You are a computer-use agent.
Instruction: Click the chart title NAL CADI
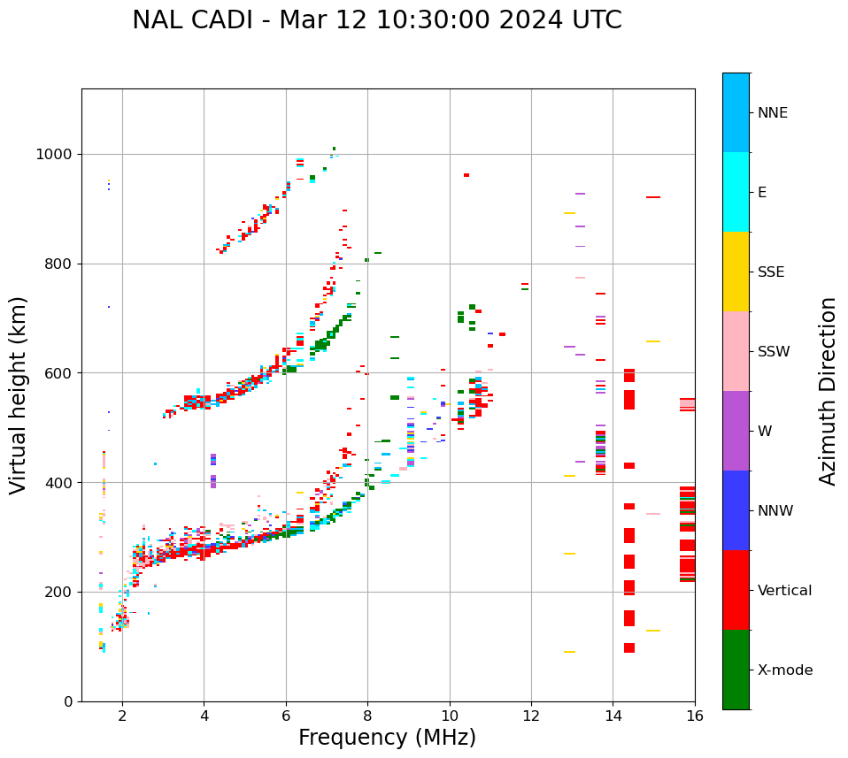pyautogui.click(x=377, y=20)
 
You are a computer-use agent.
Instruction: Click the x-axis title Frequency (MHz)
pyautogui.click(x=387, y=738)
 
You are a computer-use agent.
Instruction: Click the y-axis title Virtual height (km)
pyautogui.click(x=19, y=394)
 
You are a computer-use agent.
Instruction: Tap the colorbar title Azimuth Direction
pyautogui.click(x=828, y=391)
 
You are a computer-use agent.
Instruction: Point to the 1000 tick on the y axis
pyautogui.click(x=58, y=155)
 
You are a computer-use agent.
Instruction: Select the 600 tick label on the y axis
pyautogui.click(x=58, y=373)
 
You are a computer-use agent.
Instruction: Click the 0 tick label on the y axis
pyautogui.click(x=68, y=701)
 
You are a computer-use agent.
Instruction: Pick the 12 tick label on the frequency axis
pyautogui.click(x=531, y=716)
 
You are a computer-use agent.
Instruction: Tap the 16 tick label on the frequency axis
pyautogui.click(x=695, y=716)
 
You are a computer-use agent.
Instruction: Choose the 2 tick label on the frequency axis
pyautogui.click(x=122, y=716)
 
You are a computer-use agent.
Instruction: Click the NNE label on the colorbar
pyautogui.click(x=772, y=113)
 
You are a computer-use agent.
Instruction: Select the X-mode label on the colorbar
pyautogui.click(x=785, y=670)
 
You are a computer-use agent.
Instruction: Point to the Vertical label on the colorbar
pyautogui.click(x=784, y=591)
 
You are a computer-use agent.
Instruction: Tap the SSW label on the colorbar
pyautogui.click(x=774, y=352)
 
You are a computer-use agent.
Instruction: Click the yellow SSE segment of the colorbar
pyautogui.click(x=736, y=272)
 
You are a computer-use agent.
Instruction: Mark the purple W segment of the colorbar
pyautogui.click(x=736, y=431)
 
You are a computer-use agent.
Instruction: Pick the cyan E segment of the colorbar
pyautogui.click(x=736, y=192)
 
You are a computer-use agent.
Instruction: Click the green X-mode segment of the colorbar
pyautogui.click(x=736, y=670)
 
